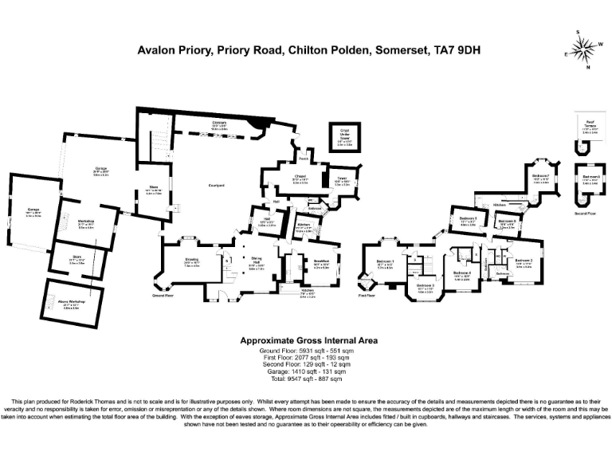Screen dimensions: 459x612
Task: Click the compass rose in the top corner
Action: point(585,49)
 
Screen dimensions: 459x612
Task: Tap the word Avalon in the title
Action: point(158,49)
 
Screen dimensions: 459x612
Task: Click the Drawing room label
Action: point(192,261)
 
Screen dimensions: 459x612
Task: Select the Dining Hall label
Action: point(256,261)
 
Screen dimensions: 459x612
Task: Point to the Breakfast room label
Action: point(321,261)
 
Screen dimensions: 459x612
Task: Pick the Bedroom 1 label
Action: point(385,262)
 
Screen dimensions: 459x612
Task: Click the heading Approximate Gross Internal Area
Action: point(309,340)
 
